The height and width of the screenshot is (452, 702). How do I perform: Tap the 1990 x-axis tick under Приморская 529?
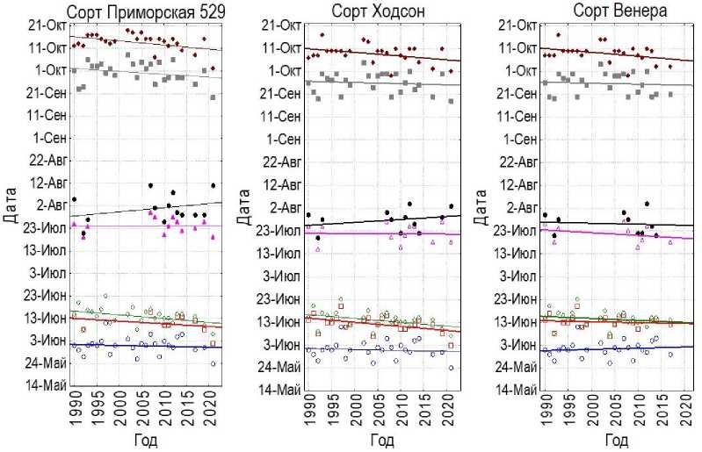(x=73, y=413)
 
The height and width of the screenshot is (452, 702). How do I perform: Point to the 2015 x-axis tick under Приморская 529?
(x=189, y=413)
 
